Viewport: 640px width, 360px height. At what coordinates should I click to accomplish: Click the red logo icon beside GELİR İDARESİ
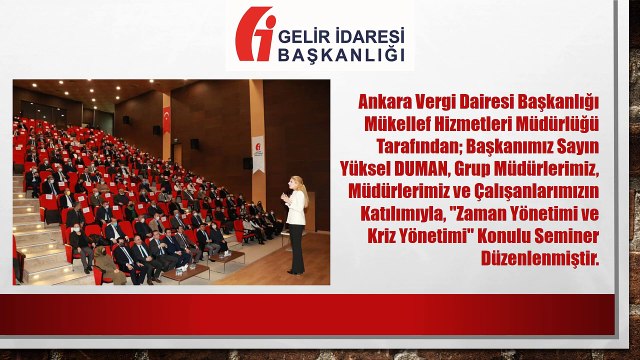click(254, 35)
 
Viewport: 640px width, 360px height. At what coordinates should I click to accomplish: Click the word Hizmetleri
click(477, 122)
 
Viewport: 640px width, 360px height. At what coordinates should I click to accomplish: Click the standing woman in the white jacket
click(295, 226)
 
